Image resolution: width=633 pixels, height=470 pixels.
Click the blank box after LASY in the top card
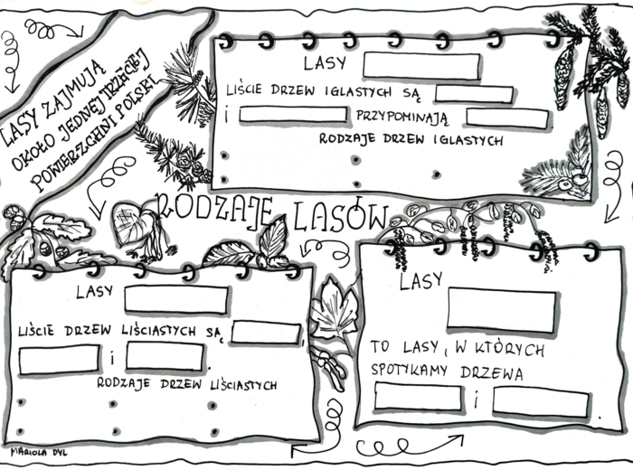[420, 65]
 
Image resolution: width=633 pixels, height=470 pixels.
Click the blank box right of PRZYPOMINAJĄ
[506, 117]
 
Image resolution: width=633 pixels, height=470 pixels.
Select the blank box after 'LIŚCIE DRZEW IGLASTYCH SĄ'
[474, 92]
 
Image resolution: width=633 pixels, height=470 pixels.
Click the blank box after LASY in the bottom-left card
[175, 299]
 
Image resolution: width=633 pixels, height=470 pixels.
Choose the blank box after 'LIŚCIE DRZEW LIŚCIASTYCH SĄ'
[265, 332]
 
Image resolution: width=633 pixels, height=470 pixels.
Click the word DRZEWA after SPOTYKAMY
[493, 371]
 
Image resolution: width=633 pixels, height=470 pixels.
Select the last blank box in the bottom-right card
[540, 401]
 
